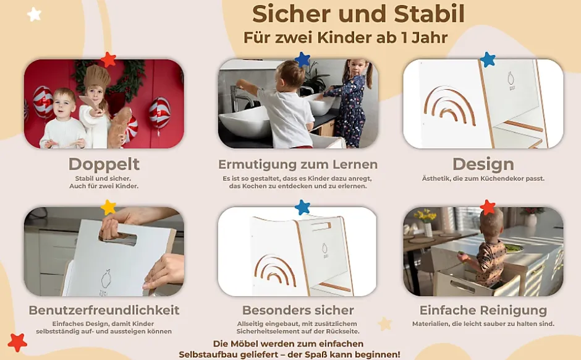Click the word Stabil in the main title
point(429,14)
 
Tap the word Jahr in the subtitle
point(430,38)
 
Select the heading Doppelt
point(104,165)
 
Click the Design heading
point(483,164)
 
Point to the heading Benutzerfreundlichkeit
point(104,310)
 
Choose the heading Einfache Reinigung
point(483,310)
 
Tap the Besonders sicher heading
point(298,310)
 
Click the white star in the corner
point(34,14)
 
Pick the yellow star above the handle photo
point(108,207)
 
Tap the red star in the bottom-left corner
point(17,342)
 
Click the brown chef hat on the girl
point(96,77)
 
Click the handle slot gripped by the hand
point(119,238)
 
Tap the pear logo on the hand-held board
point(106,279)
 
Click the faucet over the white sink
point(239,98)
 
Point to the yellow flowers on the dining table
point(426,216)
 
